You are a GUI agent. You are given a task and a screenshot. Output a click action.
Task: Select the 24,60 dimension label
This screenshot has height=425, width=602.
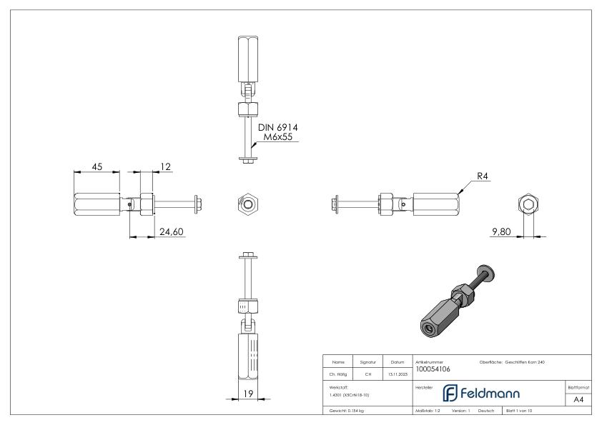[x=172, y=231]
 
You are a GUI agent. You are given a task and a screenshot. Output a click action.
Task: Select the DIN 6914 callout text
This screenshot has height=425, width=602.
[x=278, y=127]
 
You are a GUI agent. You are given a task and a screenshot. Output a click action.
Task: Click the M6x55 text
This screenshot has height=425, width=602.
[x=278, y=137]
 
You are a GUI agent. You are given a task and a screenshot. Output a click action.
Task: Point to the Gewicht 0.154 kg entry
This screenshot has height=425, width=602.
[x=346, y=411]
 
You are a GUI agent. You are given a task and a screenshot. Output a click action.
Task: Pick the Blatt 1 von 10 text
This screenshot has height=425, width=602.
[x=519, y=411]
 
